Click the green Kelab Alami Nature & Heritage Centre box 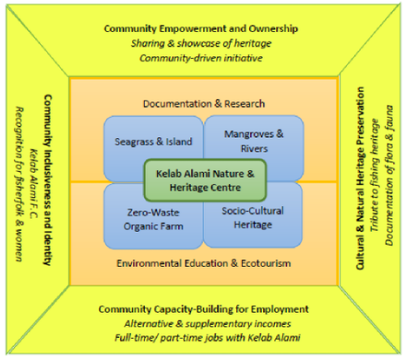click(x=205, y=180)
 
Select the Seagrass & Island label click(x=153, y=142)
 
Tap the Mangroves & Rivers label click(x=254, y=142)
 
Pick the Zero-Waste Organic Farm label click(x=153, y=219)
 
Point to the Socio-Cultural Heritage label click(x=253, y=218)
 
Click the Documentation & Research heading click(x=204, y=104)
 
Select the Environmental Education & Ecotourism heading click(x=204, y=263)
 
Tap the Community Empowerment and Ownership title click(x=201, y=29)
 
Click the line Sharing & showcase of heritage click(x=201, y=43)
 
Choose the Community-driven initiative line click(x=201, y=58)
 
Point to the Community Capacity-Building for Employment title click(x=204, y=309)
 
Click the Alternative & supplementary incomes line click(x=208, y=324)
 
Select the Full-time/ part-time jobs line click(x=207, y=338)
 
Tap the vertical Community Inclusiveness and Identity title click(x=47, y=180)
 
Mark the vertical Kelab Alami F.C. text click(x=34, y=183)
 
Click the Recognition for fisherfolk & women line click(x=19, y=184)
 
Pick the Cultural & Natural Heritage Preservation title click(x=361, y=178)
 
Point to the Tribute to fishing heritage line click(x=374, y=175)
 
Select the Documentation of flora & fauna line click(x=389, y=176)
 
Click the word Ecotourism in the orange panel click(x=266, y=263)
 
